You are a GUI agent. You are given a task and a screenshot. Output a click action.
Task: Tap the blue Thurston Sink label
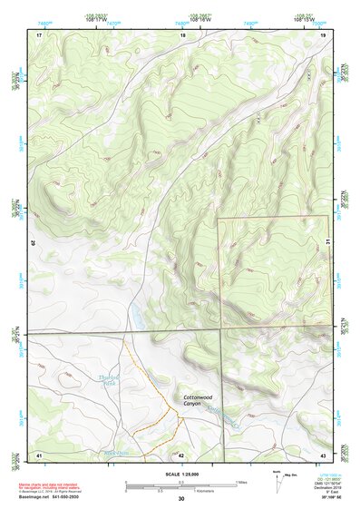pos(110,380)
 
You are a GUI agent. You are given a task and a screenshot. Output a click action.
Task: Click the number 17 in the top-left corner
pos(39,34)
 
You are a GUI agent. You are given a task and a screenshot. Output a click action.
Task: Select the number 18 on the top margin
pos(182,34)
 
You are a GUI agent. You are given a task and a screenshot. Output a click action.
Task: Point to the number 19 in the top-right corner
pos(323,34)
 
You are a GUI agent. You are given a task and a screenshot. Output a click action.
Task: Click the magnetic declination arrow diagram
pos(279,484)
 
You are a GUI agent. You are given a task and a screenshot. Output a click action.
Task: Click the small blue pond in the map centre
pos(137,318)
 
